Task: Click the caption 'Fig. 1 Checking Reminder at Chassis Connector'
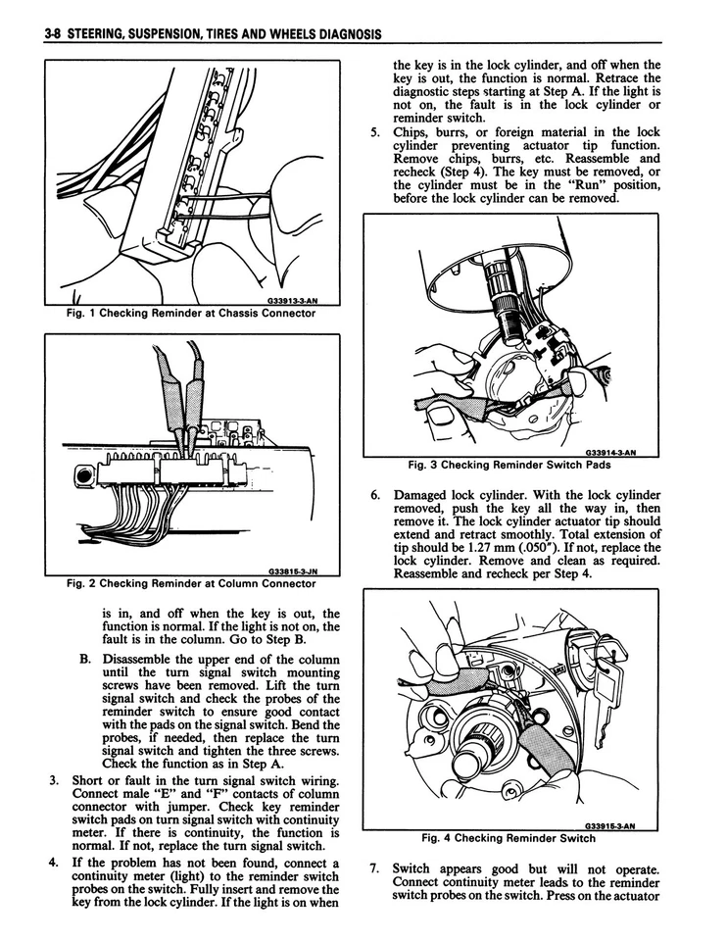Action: pyautogui.click(x=190, y=314)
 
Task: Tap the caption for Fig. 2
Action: pyautogui.click(x=190, y=583)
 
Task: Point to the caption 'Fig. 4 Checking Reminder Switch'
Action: pyautogui.click(x=508, y=838)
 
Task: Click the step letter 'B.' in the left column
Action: pyautogui.click(x=86, y=659)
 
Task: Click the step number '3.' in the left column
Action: pyautogui.click(x=56, y=780)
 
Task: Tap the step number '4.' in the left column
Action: pyautogui.click(x=56, y=864)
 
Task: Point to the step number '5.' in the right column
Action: pyautogui.click(x=375, y=132)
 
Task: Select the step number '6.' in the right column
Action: pyautogui.click(x=375, y=496)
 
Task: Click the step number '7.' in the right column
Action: pyautogui.click(x=375, y=868)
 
